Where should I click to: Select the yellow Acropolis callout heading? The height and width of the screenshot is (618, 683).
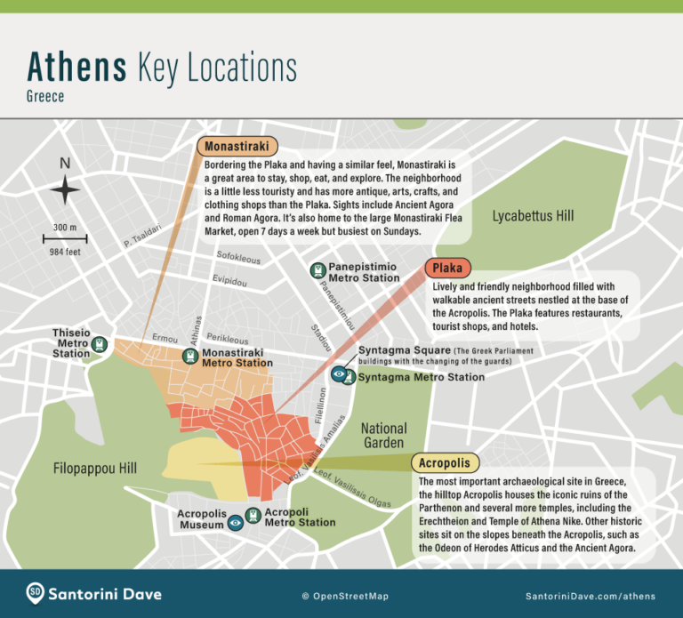tap(446, 463)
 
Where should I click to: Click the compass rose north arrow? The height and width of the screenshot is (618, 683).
tap(65, 189)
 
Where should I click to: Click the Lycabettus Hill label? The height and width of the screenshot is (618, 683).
tap(533, 216)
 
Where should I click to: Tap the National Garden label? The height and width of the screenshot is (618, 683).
tap(383, 436)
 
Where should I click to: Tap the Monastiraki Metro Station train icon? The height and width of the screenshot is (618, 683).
tap(190, 357)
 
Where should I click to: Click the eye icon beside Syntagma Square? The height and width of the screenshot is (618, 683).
tap(338, 375)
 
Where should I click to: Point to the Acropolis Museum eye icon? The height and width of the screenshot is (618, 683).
tap(236, 523)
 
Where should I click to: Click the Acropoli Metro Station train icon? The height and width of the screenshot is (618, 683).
tap(253, 515)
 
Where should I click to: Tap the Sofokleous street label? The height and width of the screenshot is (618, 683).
tap(238, 258)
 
